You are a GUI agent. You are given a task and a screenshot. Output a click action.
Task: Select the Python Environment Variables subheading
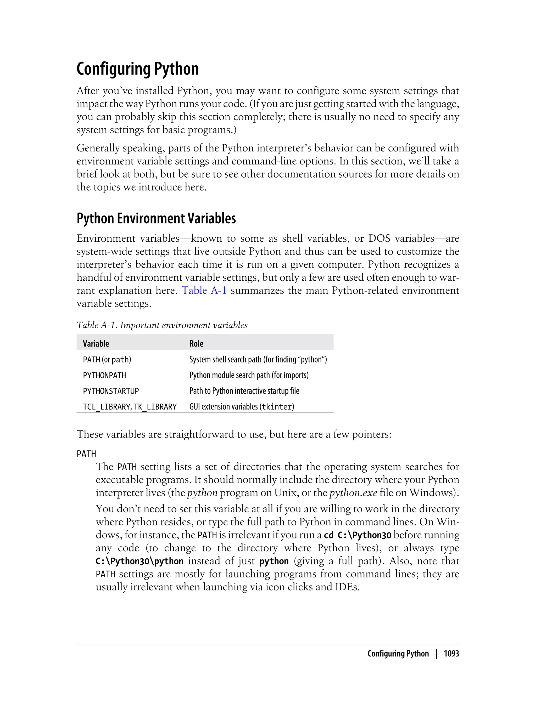[156, 218]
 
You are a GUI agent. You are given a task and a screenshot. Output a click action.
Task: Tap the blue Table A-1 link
[204, 291]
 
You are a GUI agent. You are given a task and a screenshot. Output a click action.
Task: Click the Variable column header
[96, 344]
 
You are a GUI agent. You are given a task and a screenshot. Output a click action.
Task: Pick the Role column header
[196, 344]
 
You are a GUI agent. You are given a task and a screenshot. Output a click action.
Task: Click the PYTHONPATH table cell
[104, 375]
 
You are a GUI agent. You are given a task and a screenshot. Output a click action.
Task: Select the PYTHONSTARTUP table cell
[111, 391]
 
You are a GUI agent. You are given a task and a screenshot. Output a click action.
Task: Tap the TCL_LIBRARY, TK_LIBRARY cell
[130, 407]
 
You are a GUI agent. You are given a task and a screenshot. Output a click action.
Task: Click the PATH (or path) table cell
[107, 360]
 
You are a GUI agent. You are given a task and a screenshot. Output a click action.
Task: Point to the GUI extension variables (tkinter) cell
[242, 407]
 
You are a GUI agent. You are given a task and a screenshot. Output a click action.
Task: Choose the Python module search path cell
[249, 375]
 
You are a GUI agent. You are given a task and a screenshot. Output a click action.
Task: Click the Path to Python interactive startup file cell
[244, 391]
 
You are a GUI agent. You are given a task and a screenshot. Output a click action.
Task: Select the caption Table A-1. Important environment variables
[162, 325]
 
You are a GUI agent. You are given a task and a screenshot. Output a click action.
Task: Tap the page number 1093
[451, 654]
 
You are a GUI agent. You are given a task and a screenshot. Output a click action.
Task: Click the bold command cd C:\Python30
[357, 535]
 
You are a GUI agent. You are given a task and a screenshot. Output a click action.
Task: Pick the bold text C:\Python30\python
[139, 561]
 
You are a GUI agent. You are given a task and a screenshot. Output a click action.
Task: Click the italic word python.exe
[353, 493]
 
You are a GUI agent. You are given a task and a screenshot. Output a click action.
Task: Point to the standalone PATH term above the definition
[86, 454]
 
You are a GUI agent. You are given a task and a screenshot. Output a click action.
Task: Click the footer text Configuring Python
[398, 654]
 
